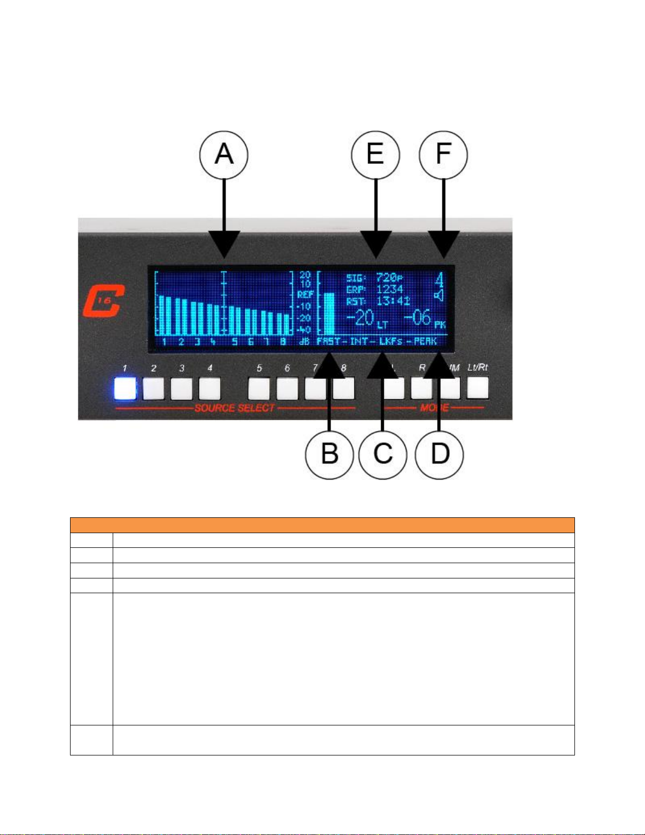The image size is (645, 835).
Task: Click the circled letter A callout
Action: pos(224,155)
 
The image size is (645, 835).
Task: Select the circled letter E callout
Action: pos(375,155)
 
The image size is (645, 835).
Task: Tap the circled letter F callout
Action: pos(443,155)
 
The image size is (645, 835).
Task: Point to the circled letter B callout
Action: pos(330,454)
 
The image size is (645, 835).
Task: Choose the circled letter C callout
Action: pos(383,454)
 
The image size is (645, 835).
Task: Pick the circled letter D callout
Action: pos(440,454)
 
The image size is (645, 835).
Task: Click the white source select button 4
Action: pos(210,389)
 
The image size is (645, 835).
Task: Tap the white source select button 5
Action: pos(259,389)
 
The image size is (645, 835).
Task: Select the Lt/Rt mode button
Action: pos(478,388)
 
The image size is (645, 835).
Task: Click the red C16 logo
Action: pos(103,300)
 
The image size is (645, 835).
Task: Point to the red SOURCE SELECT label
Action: pos(235,408)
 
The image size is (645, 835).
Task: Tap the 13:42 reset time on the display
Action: pos(393,301)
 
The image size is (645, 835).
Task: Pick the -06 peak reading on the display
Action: pos(418,318)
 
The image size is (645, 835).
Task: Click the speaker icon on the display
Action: pos(439,296)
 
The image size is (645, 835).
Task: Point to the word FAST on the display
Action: pos(329,341)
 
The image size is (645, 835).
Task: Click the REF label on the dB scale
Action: pos(305,295)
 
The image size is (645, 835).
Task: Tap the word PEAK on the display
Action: pos(425,341)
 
